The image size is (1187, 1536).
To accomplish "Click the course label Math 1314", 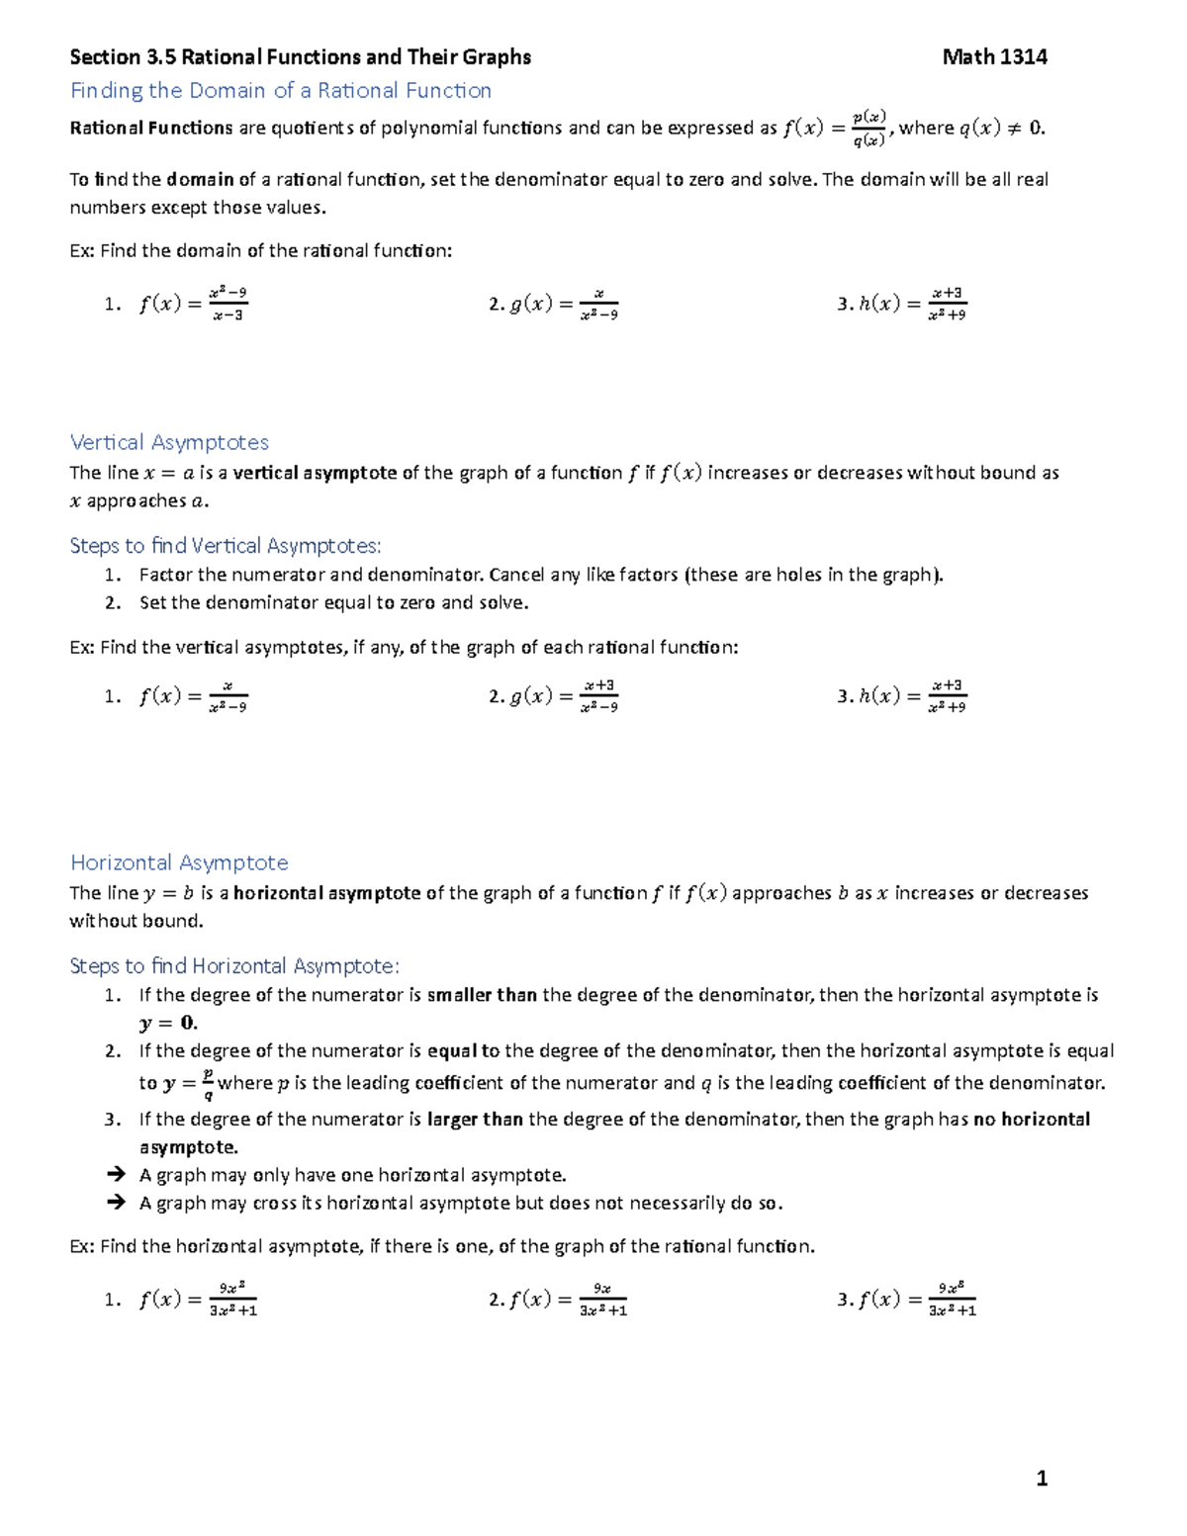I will [994, 57].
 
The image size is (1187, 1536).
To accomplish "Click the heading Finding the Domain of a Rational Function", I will [281, 91].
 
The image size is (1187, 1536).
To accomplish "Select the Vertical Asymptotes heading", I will [169, 442].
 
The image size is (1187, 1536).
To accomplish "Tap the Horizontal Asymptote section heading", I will [179, 862].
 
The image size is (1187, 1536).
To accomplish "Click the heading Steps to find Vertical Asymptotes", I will [226, 546].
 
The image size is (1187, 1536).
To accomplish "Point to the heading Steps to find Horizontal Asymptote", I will [234, 966].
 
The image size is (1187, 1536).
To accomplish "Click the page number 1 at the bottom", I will [1041, 1479].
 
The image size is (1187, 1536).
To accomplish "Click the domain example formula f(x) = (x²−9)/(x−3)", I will [193, 305].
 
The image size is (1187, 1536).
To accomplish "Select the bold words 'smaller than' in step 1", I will [482, 995].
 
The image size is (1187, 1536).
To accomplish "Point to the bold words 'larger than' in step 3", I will [475, 1120].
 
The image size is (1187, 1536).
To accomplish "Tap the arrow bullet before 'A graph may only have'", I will [116, 1175].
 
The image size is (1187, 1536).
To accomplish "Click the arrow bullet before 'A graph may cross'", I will [116, 1203].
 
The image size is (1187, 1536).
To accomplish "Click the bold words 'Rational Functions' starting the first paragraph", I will [151, 128].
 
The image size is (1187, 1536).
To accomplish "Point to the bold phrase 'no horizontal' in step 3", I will [1032, 1120].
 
